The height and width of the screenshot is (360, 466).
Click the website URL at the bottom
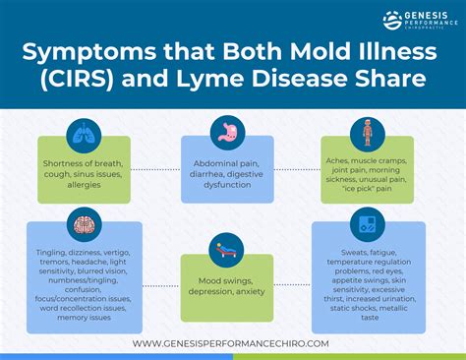tap(233, 343)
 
